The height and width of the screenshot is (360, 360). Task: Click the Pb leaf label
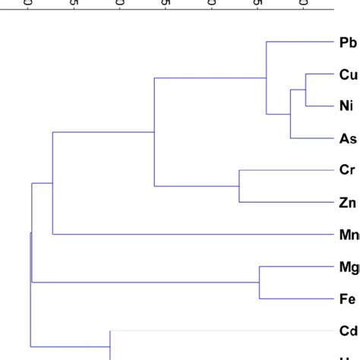coord(348,43)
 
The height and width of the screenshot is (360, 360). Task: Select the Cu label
coord(348,74)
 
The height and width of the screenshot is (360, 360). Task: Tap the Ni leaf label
coord(346,106)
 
